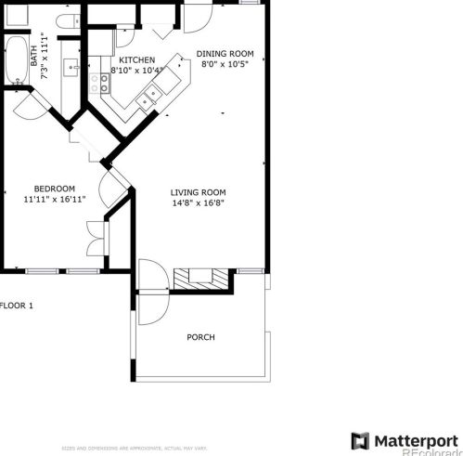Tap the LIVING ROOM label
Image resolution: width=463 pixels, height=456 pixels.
(x=198, y=192)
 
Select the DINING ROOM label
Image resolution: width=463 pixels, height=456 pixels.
(x=225, y=54)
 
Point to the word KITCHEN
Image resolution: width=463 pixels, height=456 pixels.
(x=135, y=59)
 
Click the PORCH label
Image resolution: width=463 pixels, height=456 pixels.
(x=200, y=337)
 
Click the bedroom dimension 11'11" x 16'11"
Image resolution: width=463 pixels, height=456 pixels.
(x=55, y=199)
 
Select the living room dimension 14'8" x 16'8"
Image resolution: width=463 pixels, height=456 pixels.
(x=198, y=203)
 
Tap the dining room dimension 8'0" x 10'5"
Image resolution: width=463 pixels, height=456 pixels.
(x=225, y=65)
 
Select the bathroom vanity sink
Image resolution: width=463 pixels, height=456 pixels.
(x=71, y=67)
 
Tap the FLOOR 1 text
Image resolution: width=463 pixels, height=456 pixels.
(x=17, y=305)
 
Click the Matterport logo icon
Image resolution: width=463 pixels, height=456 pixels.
(x=360, y=439)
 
